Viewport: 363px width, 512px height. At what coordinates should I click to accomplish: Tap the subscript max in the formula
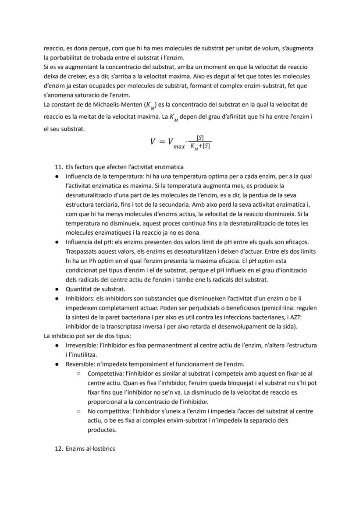coord(178,146)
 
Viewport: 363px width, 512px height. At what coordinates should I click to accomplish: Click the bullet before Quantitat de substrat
coord(57,289)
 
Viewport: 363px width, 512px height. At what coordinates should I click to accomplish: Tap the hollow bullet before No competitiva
coord(78,411)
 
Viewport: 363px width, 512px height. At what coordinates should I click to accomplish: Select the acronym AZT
coord(309,317)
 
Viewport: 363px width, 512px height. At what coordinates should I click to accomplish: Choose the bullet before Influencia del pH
coord(57,242)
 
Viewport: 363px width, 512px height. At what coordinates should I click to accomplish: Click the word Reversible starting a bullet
coord(79,364)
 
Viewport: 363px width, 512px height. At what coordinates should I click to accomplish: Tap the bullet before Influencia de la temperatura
coord(57,176)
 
